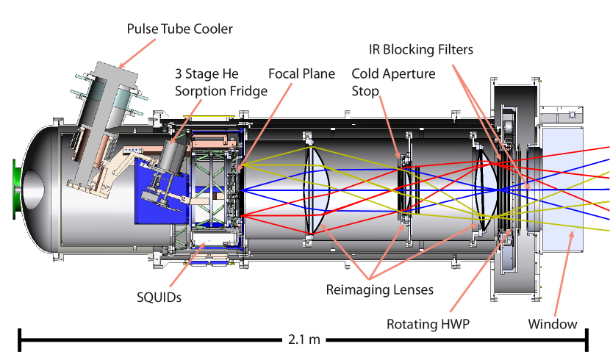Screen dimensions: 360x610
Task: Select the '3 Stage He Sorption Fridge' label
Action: point(220,82)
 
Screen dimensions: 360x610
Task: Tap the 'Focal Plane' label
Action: point(301,73)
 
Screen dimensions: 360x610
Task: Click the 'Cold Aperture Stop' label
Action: point(393,82)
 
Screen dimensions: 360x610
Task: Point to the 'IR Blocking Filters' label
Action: point(420,49)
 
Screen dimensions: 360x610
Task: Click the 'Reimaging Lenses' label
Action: point(379,289)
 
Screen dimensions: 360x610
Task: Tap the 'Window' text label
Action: point(552,324)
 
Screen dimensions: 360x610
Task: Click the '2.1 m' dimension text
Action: point(304,339)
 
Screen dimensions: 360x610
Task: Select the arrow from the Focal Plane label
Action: point(264,125)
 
